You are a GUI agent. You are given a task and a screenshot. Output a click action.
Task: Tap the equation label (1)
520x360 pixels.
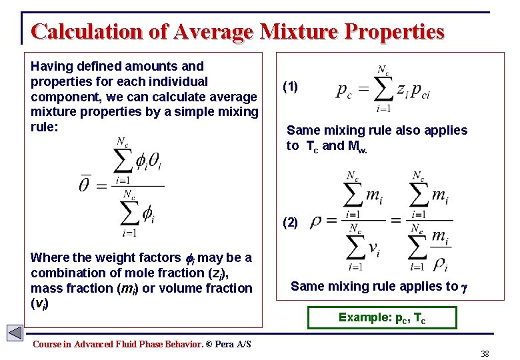pos(291,87)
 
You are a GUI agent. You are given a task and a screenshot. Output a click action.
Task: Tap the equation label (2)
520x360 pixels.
pos(291,223)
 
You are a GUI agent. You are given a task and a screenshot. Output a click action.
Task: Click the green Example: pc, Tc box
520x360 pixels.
pos(382,317)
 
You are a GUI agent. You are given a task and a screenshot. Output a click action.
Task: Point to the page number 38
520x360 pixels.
pos(485,353)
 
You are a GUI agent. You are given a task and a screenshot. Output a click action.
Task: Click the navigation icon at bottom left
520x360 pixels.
pos(15,333)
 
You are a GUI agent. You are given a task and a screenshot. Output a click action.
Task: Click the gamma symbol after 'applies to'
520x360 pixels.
pos(465,287)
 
